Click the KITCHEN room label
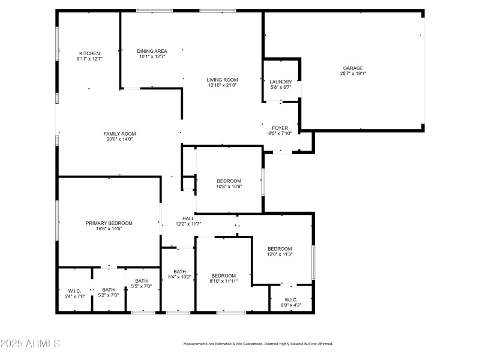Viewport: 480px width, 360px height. click(89, 53)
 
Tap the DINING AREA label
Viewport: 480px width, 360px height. click(152, 51)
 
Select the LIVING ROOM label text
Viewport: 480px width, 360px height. click(223, 79)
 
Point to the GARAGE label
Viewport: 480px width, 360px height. click(353, 68)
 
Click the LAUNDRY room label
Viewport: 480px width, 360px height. click(281, 82)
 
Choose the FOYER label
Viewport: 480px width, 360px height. click(280, 128)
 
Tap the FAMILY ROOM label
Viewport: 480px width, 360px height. click(119, 133)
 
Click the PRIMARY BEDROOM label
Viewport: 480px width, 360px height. click(109, 223)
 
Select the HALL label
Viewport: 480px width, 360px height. click(188, 218)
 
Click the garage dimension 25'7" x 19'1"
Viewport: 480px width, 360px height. click(353, 74)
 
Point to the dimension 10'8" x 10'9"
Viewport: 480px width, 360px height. click(229, 187)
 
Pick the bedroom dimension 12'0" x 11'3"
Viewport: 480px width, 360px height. click(280, 254)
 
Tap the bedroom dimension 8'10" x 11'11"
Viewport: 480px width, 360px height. click(224, 281)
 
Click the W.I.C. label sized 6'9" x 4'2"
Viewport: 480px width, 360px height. click(291, 299)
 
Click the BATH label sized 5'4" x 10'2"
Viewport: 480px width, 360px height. click(180, 271)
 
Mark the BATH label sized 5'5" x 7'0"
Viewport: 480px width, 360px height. click(142, 281)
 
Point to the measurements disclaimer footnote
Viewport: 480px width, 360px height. click(257, 344)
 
